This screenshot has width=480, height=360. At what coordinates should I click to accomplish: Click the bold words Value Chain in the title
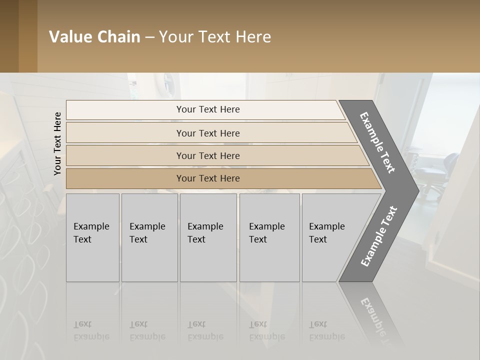tap(94, 37)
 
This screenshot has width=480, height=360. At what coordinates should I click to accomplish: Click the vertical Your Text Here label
tap(57, 143)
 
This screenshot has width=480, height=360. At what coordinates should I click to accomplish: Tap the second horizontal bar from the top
tap(208, 133)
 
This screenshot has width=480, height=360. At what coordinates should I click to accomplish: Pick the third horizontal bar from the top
tap(208, 155)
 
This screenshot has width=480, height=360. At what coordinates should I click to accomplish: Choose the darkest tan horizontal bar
tap(208, 178)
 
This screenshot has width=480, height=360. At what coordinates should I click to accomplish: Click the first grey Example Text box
tap(92, 237)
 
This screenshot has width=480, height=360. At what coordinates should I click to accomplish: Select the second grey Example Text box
tap(149, 237)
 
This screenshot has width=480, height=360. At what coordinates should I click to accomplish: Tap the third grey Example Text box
tap(208, 237)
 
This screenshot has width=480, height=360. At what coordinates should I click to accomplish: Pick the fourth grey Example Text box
tap(269, 237)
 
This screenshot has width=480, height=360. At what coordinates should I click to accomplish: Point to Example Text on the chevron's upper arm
tap(378, 142)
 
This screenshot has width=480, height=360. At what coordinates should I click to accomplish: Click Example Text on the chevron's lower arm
tap(379, 236)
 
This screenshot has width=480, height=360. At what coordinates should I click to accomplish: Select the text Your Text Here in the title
tap(215, 37)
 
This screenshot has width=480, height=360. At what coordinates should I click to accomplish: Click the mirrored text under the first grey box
tap(91, 330)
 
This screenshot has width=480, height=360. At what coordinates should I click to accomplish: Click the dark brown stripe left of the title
tap(9, 36)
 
